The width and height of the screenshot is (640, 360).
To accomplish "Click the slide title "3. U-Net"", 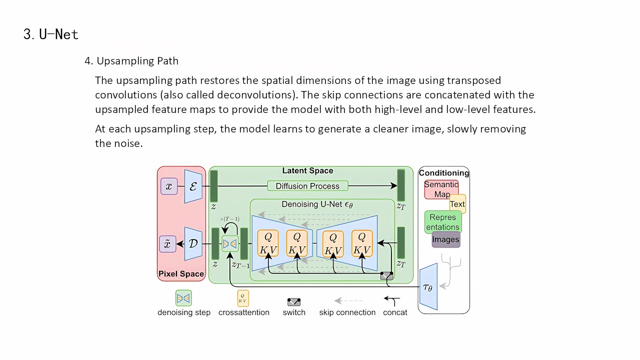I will coord(51,34).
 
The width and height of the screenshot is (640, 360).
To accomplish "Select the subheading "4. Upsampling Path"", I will coord(131,61).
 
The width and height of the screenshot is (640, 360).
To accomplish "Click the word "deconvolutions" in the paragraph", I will coord(243,94).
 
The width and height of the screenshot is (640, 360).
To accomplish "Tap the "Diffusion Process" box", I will coord(307,186).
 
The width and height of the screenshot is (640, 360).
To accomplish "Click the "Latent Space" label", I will coord(307,171).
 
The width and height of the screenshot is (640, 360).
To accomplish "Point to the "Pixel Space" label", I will coord(181,274).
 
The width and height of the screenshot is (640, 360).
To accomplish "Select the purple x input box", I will coord(169,186).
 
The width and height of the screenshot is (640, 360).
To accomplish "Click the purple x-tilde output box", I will coord(167,244).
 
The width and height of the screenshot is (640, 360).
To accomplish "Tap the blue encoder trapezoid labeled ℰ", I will coord(193,186).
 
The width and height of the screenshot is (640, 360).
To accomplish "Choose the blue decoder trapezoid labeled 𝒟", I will coord(193,244).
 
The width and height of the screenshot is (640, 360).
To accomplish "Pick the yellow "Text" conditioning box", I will coord(458,204).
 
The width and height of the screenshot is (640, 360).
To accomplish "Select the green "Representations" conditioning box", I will coord(442,222).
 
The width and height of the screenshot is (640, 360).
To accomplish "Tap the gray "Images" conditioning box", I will coord(446,239).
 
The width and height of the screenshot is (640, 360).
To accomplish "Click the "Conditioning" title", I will coord(444,173).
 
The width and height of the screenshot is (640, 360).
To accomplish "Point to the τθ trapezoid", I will coord(428,287).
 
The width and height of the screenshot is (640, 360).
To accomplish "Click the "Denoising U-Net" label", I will coord(317,204).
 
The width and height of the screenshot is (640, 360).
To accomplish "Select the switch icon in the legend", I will coord(294,301).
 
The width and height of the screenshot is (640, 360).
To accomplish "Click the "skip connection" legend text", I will coord(347,312).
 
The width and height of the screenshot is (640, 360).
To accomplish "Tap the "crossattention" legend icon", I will coord(243,298).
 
